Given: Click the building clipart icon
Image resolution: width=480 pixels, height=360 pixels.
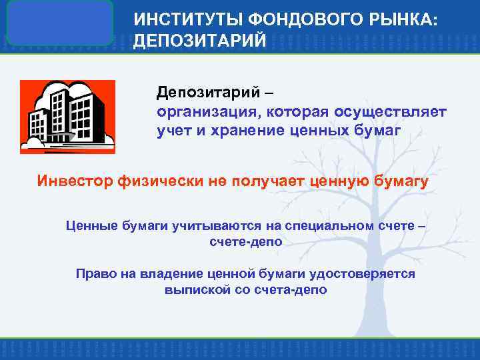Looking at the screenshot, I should (x=67, y=117).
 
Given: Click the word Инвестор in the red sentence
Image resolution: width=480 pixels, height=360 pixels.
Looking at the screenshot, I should (x=75, y=182).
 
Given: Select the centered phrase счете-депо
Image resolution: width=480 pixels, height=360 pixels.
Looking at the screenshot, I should (x=245, y=242).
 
